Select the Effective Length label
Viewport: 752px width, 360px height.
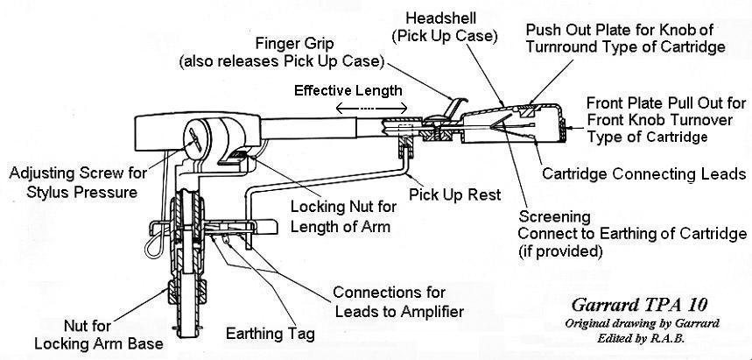click(348, 90)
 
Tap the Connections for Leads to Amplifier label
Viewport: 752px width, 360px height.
click(397, 300)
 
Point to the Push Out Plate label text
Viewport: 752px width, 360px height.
click(625, 38)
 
